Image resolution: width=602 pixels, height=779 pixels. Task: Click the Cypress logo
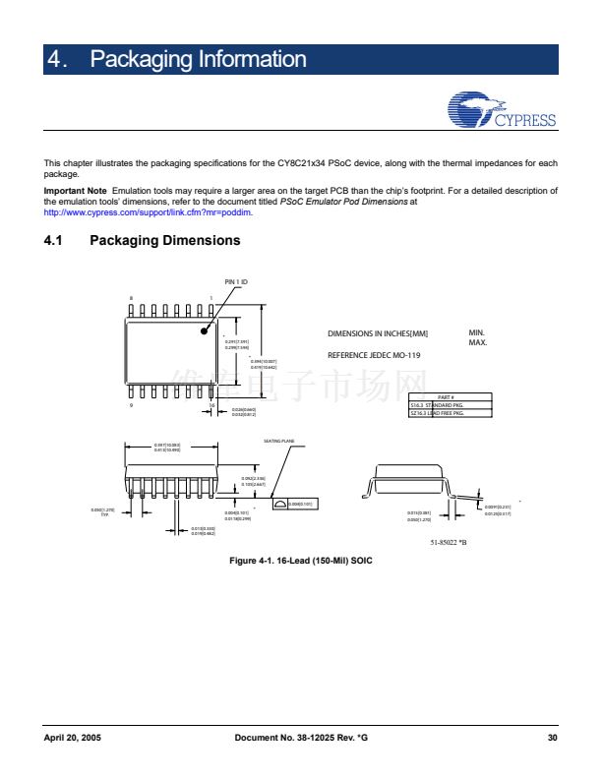pos(501,111)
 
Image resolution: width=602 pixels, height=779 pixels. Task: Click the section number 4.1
pos(56,240)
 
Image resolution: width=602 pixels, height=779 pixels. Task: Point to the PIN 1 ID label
pos(236,283)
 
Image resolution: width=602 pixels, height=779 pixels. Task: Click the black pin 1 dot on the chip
pos(205,330)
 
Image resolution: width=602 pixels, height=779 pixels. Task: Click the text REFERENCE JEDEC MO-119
pos(374,354)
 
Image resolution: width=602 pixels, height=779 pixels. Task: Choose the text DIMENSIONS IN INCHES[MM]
pos(378,334)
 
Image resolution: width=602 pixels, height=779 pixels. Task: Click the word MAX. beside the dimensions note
pos(477,342)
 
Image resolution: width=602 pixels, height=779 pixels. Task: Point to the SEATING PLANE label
pos(280,441)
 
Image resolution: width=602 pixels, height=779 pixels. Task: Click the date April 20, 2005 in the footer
pos(73,737)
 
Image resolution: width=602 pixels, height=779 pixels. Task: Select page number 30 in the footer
pos(552,737)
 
